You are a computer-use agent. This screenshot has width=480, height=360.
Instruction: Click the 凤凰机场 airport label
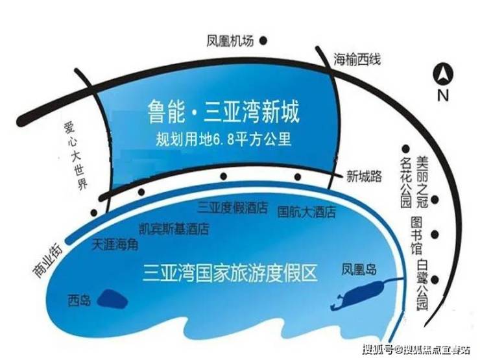[x=230, y=41]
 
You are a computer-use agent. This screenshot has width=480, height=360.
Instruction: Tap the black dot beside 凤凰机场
[x=263, y=40]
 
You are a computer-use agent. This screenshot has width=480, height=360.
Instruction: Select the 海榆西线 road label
[x=357, y=59]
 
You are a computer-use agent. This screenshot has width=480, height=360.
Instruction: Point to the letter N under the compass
[x=443, y=95]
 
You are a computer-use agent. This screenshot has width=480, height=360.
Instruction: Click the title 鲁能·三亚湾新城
[x=224, y=112]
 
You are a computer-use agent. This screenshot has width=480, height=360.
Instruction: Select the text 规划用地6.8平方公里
[x=224, y=139]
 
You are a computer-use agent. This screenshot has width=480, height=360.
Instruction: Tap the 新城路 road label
[x=364, y=176]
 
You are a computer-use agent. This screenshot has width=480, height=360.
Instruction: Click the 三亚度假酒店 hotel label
[x=233, y=208]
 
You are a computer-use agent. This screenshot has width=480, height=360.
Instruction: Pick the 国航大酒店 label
[x=306, y=212]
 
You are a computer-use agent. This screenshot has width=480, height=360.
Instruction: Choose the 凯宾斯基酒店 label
[x=174, y=229]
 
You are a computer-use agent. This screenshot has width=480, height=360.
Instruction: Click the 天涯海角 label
[x=115, y=245]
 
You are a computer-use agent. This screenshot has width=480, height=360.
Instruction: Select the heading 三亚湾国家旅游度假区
[x=230, y=272]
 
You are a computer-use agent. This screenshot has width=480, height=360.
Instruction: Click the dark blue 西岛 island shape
[x=112, y=299]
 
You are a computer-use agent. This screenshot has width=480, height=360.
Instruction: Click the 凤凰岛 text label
[x=359, y=270]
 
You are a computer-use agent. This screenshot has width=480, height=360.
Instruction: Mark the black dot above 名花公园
[x=406, y=149]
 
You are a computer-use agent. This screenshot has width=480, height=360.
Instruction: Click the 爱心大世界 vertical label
[x=76, y=156]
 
